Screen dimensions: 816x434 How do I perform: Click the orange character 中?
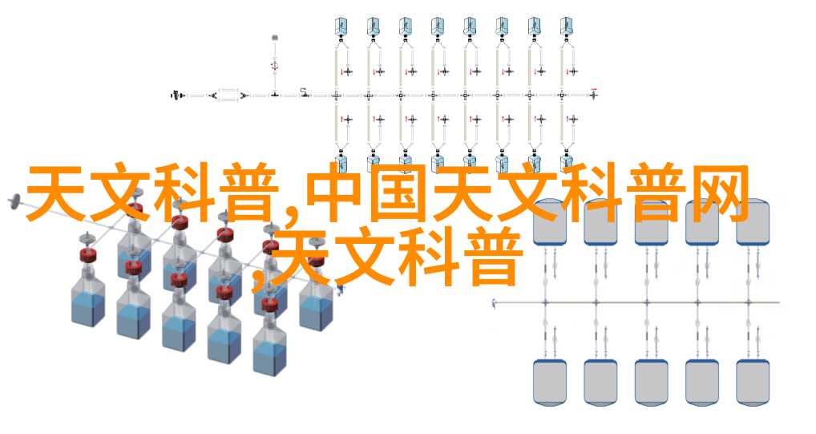tap(336, 193)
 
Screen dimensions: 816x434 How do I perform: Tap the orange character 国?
tap(400, 193)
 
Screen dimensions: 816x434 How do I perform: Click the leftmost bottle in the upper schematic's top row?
tap(341, 26)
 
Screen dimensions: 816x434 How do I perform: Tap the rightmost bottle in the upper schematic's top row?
tap(566, 26)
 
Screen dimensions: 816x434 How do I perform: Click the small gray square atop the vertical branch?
tap(275, 38)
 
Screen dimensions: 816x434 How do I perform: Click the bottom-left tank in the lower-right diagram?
tap(550, 382)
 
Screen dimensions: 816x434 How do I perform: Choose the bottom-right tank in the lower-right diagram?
tap(753, 382)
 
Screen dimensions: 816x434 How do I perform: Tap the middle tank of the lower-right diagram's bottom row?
tap(651, 382)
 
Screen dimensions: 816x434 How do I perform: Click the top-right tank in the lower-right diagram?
tap(753, 222)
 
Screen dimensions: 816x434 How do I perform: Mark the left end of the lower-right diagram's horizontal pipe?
tap(493, 302)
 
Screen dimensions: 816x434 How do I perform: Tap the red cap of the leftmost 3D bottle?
tap(88, 255)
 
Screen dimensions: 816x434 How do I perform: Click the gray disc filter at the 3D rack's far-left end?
tap(14, 201)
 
